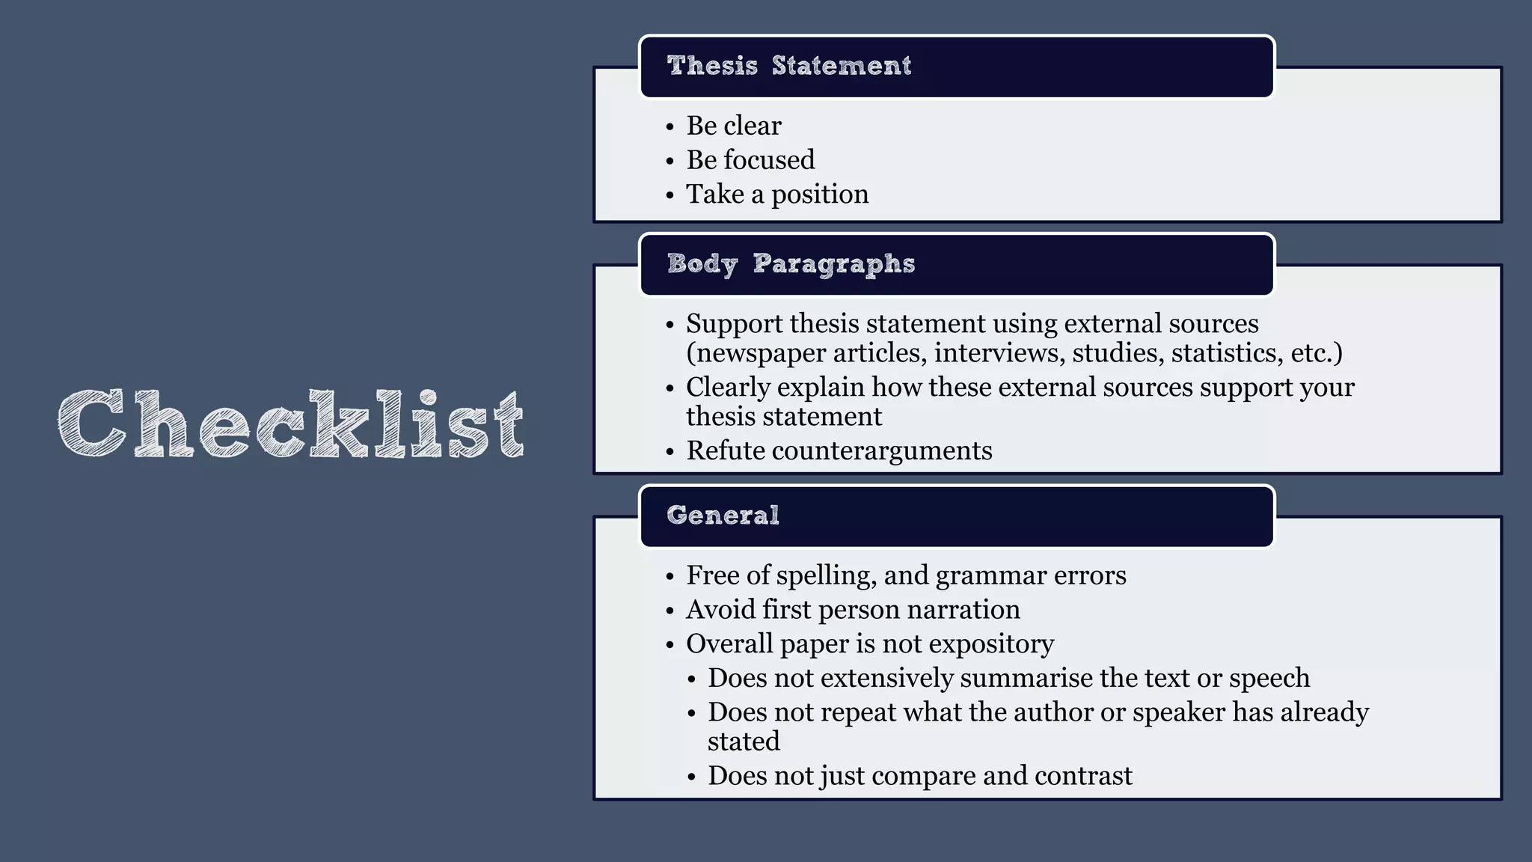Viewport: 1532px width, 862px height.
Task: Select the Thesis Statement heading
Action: click(789, 66)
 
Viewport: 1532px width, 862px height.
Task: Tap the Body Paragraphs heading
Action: click(791, 264)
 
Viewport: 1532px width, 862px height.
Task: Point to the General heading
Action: click(723, 516)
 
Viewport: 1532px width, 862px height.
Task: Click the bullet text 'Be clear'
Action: click(734, 126)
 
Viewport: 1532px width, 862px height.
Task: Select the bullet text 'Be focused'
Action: click(750, 160)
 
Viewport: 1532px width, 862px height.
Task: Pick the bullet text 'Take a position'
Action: click(777, 195)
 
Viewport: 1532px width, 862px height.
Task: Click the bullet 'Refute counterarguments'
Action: click(839, 450)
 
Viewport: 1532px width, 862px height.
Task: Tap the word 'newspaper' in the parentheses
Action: click(756, 353)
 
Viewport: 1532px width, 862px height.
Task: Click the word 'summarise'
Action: click(1026, 678)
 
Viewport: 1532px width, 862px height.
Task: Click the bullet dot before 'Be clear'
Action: click(670, 127)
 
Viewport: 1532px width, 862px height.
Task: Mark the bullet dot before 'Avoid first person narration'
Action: click(670, 611)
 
